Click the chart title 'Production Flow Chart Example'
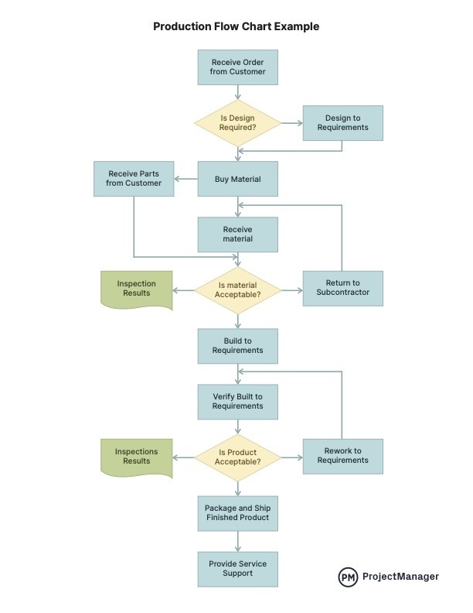[236, 26]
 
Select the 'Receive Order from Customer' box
[237, 67]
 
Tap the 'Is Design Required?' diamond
[237, 123]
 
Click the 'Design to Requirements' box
[342, 123]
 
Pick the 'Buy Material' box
[237, 180]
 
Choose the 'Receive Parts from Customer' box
[134, 179]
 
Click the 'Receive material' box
[237, 235]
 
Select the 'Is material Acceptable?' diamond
[237, 290]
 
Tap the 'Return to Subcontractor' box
[342, 288]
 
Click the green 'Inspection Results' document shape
[136, 289]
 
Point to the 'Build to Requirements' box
[237, 346]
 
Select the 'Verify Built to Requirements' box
[237, 402]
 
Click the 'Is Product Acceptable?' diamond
[237, 457]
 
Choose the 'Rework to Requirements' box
[342, 456]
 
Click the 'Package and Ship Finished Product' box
[237, 512]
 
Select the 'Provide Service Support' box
[237, 569]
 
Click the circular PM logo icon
[348, 577]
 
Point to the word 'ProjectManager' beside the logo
[400, 577]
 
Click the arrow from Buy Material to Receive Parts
[185, 180]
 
